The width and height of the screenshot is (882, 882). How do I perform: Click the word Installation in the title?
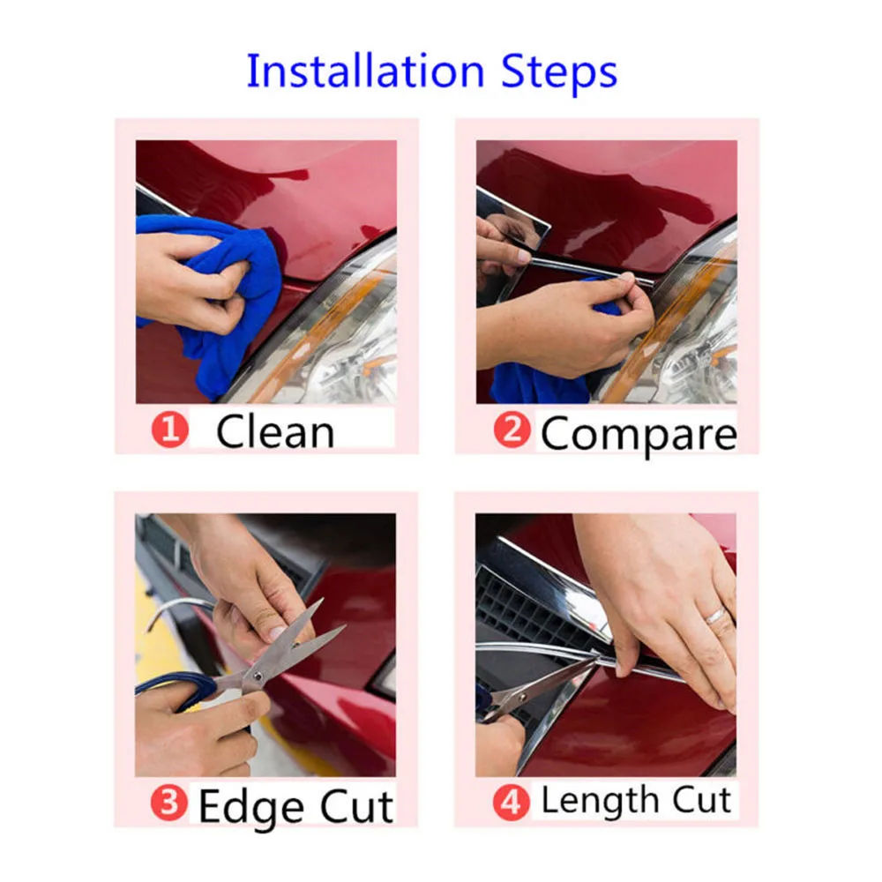pos(366,71)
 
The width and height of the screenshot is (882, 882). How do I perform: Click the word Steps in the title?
pos(559,74)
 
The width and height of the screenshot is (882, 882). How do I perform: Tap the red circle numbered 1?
pos(170,430)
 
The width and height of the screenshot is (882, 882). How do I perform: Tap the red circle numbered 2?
pos(512,430)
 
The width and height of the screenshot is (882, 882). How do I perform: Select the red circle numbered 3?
pos(168,803)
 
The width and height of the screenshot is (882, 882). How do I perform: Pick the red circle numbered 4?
pos(511,802)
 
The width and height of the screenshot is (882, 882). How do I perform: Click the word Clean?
pos(275,432)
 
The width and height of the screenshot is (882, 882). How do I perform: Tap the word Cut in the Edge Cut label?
pos(356,807)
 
